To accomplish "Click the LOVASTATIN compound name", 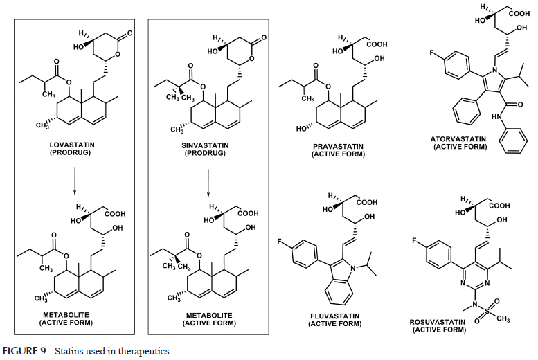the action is pos(72,145).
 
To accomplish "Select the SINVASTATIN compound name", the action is pos(205,145).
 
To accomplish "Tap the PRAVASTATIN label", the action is pos(339,147).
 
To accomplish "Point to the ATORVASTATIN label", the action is pos(458,139).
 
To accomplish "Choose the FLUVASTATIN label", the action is pos(335,316).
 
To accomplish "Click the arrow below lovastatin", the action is pos(75,181).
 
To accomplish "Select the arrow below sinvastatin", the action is pos(208,183).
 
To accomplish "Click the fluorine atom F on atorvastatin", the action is pos(431,53).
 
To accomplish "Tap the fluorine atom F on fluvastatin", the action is pos(280,242).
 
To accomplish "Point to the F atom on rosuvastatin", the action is pos(415,240).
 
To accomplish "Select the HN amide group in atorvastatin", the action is pos(497,117).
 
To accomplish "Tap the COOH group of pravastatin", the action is pos(377,44).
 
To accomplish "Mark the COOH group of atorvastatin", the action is pos(519,14).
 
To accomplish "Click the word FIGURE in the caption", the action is pos(24,351).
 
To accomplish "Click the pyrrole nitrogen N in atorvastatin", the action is pos(494,71).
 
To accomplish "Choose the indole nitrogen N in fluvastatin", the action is pos(353,267).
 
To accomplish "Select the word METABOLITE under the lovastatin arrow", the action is pos(66,315).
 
